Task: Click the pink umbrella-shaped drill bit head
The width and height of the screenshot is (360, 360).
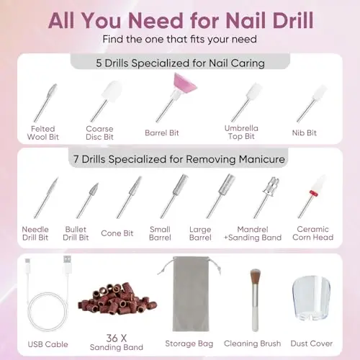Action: tap(185, 83)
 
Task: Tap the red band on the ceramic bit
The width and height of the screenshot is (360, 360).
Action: tap(313, 193)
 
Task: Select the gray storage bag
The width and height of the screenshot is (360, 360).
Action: tap(191, 294)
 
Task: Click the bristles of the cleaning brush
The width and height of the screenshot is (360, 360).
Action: tap(255, 276)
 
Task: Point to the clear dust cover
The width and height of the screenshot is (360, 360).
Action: tap(311, 298)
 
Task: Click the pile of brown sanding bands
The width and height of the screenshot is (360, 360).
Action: tap(117, 298)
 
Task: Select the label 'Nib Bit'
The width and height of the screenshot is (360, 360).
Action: tap(305, 132)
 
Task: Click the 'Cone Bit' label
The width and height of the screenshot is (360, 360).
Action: tap(117, 233)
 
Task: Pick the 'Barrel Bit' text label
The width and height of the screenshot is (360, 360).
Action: tap(162, 132)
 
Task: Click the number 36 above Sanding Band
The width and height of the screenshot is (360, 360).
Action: tap(112, 338)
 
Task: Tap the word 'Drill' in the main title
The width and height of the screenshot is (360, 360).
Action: tap(293, 20)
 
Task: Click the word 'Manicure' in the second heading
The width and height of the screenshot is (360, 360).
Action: tap(262, 159)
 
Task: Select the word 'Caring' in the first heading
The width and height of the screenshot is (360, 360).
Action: tap(248, 63)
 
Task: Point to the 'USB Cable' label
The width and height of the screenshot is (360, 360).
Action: tap(48, 344)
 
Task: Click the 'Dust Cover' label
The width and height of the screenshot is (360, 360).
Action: tap(312, 343)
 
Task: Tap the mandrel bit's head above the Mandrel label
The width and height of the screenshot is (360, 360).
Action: tap(271, 186)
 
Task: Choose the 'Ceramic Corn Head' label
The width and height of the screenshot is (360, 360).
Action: tap(312, 233)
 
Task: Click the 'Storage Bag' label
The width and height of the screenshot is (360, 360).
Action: tap(189, 343)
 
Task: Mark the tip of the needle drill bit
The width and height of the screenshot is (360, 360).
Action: tap(58, 179)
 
